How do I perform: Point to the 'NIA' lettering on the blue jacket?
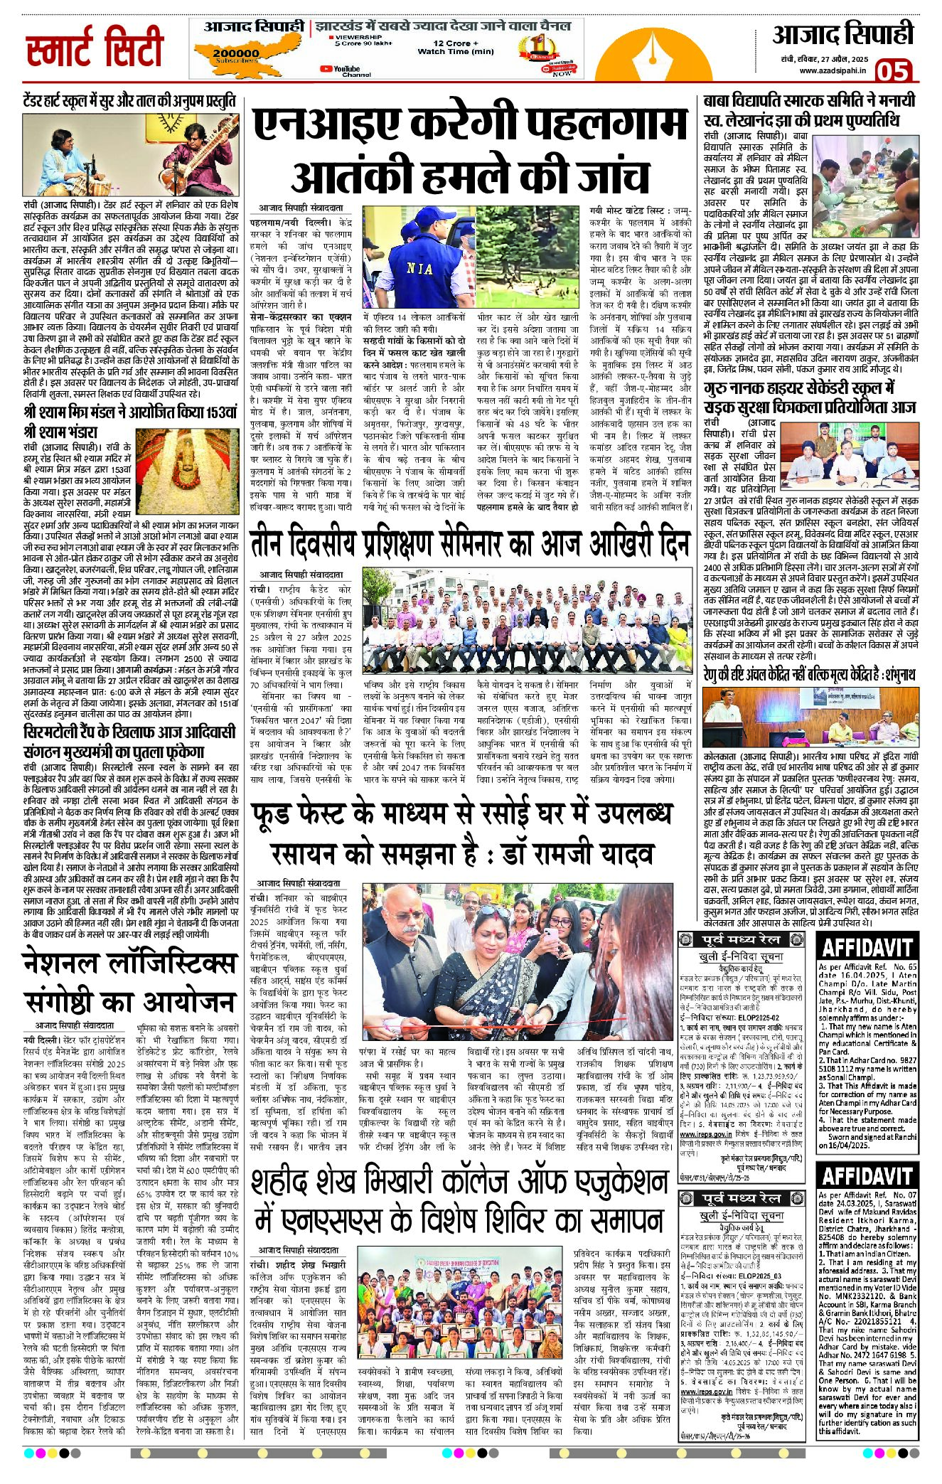pos(419,269)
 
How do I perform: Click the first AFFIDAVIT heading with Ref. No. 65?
pos(866,948)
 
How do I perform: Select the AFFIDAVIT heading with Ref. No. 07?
pos(866,1175)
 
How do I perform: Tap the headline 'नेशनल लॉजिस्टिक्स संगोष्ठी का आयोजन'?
pos(129,981)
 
